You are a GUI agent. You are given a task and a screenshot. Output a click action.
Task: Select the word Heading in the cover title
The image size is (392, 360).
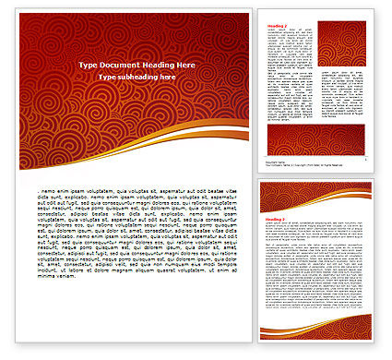[154, 66]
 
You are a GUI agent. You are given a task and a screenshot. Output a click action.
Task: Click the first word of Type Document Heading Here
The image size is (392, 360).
[89, 66]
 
